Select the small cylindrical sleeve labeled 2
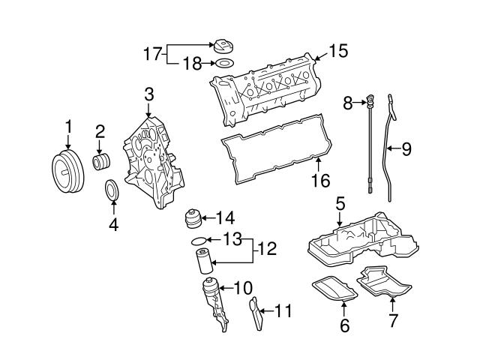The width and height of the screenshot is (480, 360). pos(100,163)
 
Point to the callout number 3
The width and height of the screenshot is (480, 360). pos(148,94)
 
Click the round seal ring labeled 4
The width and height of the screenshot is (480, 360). pos(110,192)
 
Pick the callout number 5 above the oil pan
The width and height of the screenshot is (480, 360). pos(339,203)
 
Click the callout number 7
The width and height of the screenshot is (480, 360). pos(392,324)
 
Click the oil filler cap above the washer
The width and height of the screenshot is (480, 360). pos(223,46)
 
